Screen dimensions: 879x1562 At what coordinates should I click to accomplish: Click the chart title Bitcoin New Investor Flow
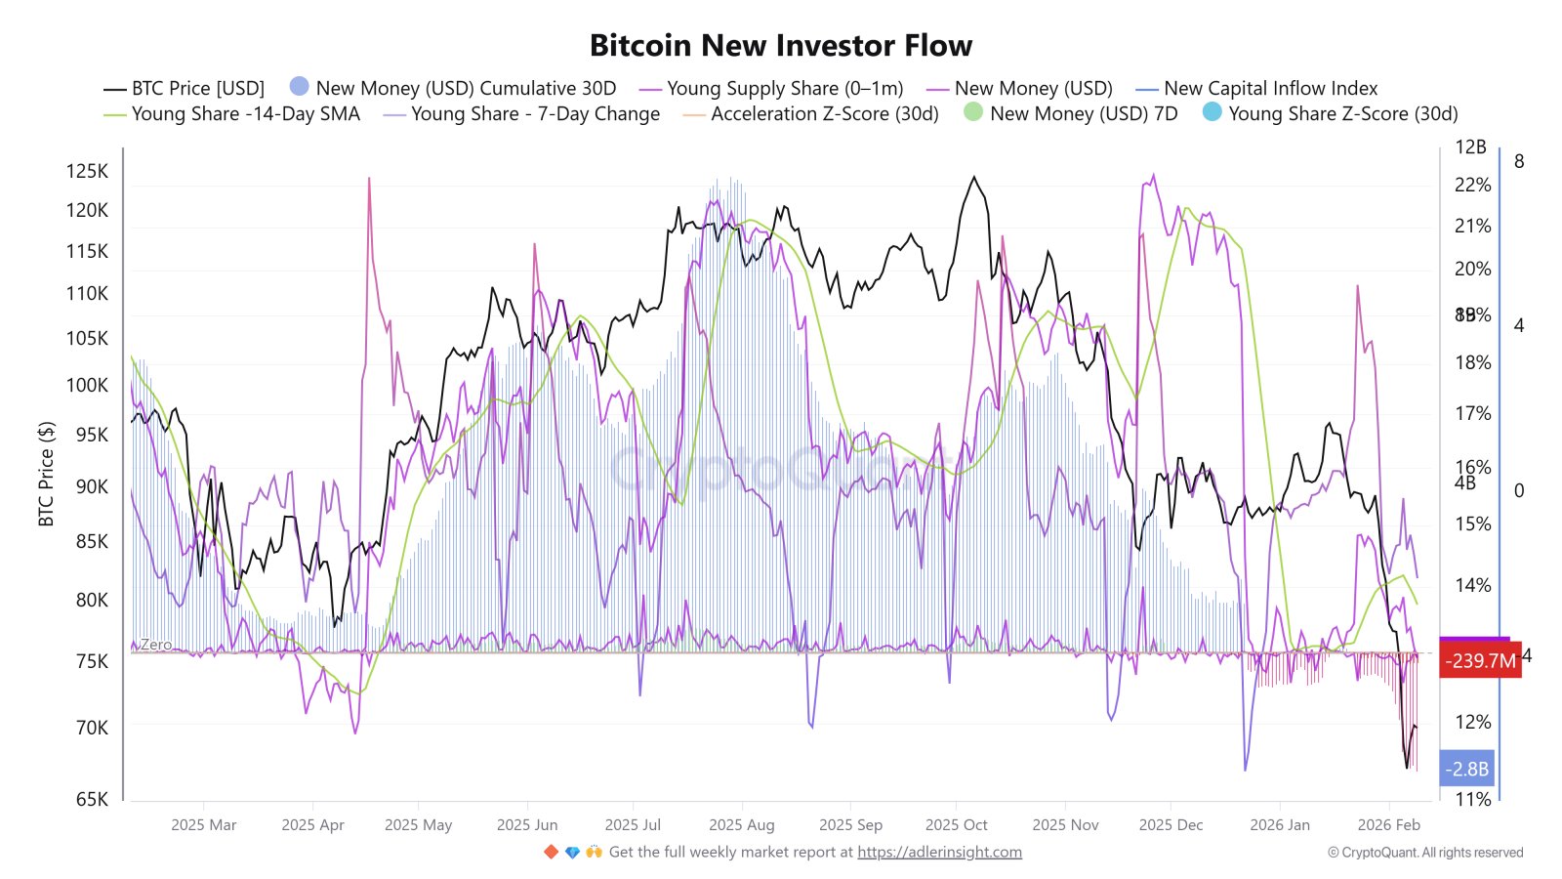[781, 45]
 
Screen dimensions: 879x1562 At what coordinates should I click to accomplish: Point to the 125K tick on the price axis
[87, 171]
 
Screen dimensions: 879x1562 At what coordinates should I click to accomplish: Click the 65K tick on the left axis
[92, 799]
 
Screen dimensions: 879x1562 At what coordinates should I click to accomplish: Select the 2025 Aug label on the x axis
[741, 825]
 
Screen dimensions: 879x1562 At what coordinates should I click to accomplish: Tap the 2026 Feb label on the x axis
[1388, 825]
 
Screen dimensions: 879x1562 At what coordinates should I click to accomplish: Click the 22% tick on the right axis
[1472, 185]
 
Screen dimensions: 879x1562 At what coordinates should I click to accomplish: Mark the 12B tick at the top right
[1470, 147]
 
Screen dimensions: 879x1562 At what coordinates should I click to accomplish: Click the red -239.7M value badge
[1480, 661]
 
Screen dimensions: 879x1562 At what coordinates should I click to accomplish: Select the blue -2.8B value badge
[1467, 770]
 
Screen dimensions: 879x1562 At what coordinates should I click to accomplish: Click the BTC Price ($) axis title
[46, 474]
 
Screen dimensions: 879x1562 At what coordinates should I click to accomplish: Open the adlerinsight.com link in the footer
[939, 853]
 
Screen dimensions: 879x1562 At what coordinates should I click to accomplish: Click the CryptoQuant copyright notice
[1424, 853]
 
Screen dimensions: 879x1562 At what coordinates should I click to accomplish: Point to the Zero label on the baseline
[155, 645]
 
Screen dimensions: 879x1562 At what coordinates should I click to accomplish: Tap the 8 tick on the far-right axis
[1518, 161]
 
